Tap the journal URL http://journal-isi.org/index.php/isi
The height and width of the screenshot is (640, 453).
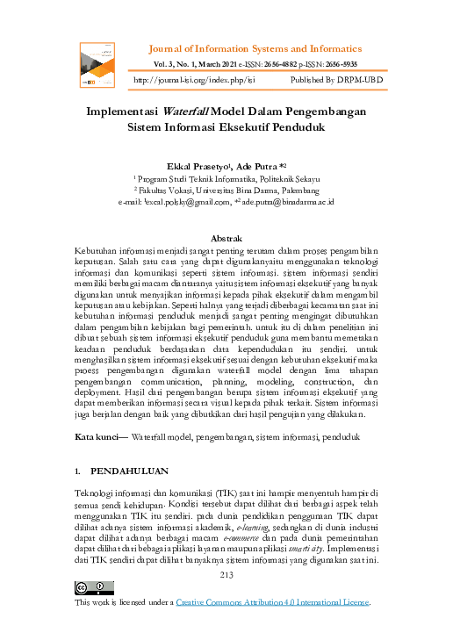193,79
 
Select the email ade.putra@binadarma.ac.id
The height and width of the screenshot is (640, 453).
285,201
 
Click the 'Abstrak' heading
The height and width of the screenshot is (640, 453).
226,238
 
